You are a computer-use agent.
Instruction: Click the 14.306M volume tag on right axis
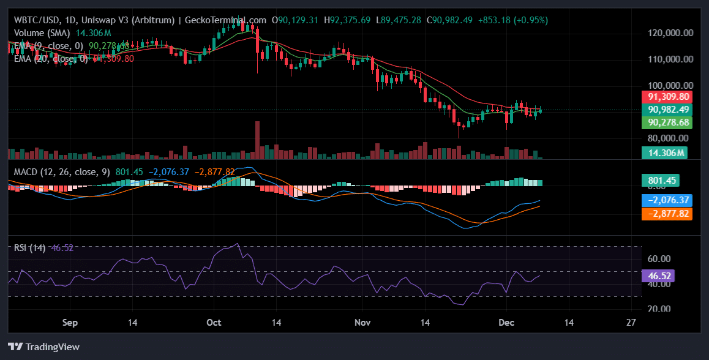[x=664, y=153]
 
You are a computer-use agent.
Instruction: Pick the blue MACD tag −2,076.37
[x=664, y=200]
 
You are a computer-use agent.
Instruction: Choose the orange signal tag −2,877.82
[x=664, y=214]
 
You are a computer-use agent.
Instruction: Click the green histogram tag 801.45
[x=660, y=181]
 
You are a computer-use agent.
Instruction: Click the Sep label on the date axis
[x=70, y=322]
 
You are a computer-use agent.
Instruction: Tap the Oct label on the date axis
[x=214, y=322]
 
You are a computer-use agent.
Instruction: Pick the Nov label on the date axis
[x=364, y=322]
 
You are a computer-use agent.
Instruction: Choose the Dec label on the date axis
[x=506, y=322]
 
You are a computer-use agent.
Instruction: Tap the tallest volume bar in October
[x=257, y=140]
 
